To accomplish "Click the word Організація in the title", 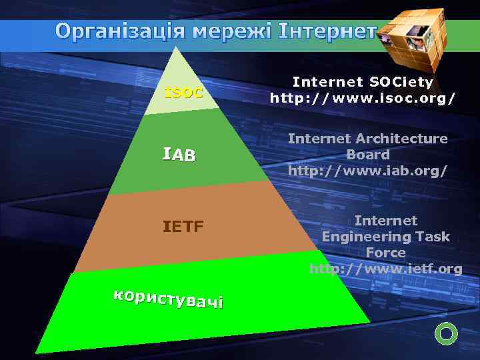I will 121,31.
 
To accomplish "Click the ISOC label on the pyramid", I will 183,93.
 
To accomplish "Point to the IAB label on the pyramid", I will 179,156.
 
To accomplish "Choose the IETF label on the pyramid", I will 183,227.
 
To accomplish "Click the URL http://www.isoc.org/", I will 363,98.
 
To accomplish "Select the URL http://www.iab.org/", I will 367,170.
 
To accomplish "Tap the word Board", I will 367,154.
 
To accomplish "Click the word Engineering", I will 369,237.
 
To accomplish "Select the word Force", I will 385,253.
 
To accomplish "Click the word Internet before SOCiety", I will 323,82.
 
